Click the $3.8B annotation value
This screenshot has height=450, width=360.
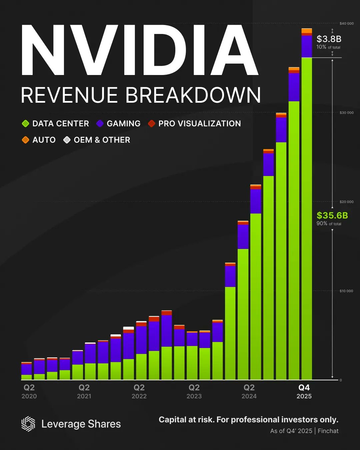[x=329, y=39]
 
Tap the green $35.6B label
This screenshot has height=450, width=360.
[x=332, y=215]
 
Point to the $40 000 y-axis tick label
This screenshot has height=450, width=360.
[x=346, y=24]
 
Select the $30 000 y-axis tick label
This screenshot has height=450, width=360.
[x=346, y=113]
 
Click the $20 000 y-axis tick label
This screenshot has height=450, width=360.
[x=346, y=202]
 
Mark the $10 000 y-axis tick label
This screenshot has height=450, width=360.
[x=346, y=291]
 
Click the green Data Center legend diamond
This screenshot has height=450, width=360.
[x=26, y=124]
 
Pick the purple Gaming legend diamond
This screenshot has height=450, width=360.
[x=100, y=124]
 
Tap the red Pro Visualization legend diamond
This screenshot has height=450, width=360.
[x=152, y=124]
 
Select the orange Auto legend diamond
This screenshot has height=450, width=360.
[x=26, y=140]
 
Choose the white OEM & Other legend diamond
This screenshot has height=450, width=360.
[x=67, y=140]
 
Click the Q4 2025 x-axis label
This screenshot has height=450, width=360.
[x=304, y=391]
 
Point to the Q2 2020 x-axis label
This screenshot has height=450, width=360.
[x=29, y=391]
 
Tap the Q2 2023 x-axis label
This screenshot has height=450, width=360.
[x=194, y=391]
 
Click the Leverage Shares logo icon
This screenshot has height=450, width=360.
[x=28, y=424]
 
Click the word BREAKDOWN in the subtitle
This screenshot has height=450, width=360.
[x=193, y=95]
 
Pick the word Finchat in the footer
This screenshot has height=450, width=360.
[x=328, y=431]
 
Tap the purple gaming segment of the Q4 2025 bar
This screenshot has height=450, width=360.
[x=307, y=47]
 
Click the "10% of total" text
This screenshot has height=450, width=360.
[x=328, y=47]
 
